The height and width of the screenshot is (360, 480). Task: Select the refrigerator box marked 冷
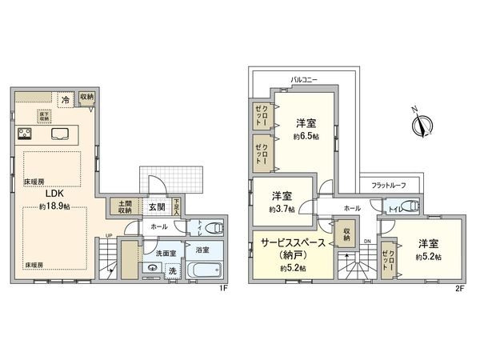[66, 100]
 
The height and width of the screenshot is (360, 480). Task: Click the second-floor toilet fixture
[409, 206]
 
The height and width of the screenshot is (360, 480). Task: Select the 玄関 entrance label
[156, 206]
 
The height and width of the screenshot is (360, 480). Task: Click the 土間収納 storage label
[125, 206]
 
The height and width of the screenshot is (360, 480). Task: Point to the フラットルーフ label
[389, 186]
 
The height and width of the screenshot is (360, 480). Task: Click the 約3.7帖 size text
[282, 209]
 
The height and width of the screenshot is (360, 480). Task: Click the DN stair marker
[367, 241]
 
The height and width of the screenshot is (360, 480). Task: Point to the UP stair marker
[109, 235]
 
